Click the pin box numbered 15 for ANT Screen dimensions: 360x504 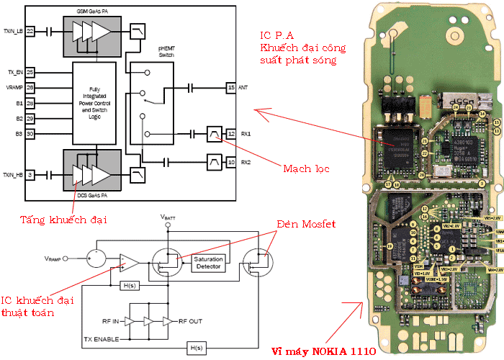pos(231,88)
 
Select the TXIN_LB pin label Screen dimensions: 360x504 pos(13,32)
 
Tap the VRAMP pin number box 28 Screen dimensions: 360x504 pos(30,88)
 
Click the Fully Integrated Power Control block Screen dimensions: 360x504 pos(94,103)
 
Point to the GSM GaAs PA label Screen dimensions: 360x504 pos(93,13)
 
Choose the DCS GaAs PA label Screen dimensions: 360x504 pos(93,195)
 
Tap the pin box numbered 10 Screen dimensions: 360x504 pos(231,162)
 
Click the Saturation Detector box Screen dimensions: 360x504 pos(208,263)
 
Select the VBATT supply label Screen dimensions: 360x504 pos(168,216)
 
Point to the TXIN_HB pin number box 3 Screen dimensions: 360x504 pos(30,176)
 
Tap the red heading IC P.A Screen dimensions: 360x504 pos(282,35)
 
